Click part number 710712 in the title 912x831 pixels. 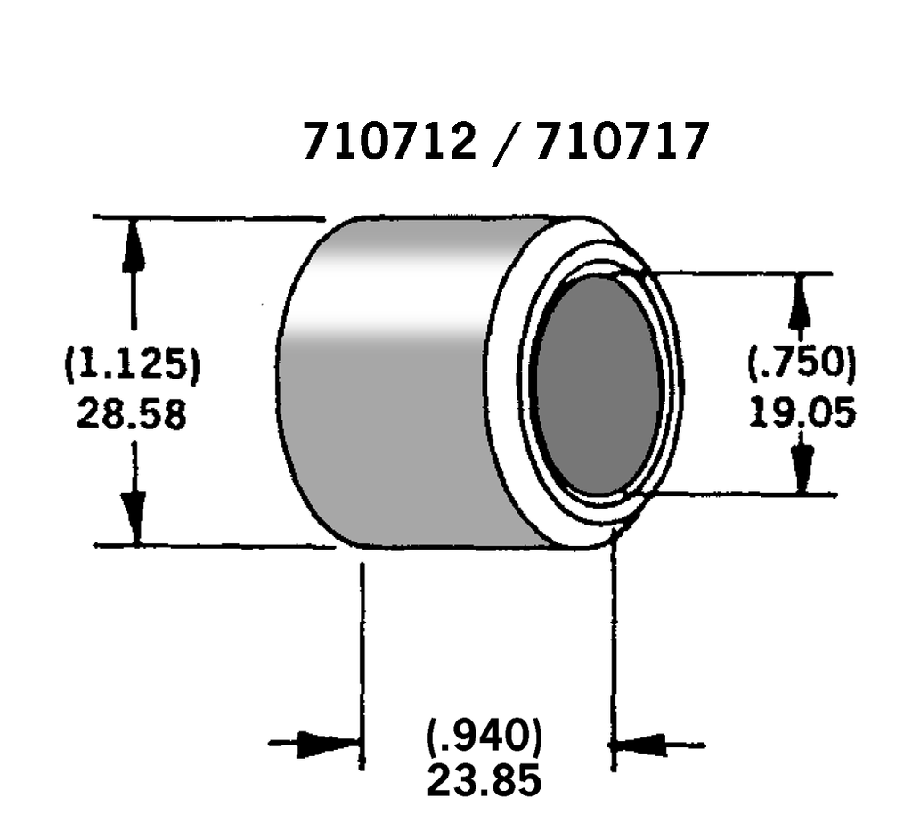pyautogui.click(x=389, y=142)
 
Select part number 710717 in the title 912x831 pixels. pyautogui.click(x=621, y=142)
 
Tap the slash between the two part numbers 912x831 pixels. pyautogui.click(x=505, y=143)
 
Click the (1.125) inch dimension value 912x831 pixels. pyautogui.click(x=133, y=366)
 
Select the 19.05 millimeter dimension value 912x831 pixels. pyautogui.click(x=802, y=411)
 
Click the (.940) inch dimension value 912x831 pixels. pyautogui.click(x=484, y=737)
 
